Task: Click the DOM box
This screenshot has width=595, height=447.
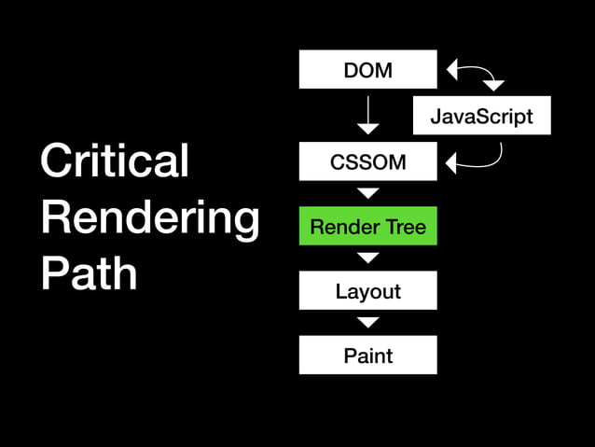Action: pos(367,69)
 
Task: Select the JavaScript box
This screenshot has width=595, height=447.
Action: pos(481,116)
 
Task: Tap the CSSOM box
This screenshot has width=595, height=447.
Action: pos(367,161)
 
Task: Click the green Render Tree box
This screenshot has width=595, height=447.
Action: pos(367,226)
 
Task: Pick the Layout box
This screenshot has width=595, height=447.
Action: pos(367,290)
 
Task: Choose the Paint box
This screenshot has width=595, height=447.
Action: pos(367,355)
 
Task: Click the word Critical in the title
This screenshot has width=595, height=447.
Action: pos(115,161)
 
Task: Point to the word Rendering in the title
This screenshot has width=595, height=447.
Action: pos(149,217)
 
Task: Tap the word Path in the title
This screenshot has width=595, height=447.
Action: pos(89,273)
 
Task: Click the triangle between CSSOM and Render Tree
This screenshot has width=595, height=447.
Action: pos(367,193)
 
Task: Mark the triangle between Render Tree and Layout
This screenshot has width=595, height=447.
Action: pos(367,258)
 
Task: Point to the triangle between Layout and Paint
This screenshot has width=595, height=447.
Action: pos(367,322)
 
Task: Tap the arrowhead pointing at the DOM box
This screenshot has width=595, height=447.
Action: pos(452,69)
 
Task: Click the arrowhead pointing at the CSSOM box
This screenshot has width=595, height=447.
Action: pos(452,164)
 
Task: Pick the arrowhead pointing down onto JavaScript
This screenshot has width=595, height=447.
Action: pos(493,86)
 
